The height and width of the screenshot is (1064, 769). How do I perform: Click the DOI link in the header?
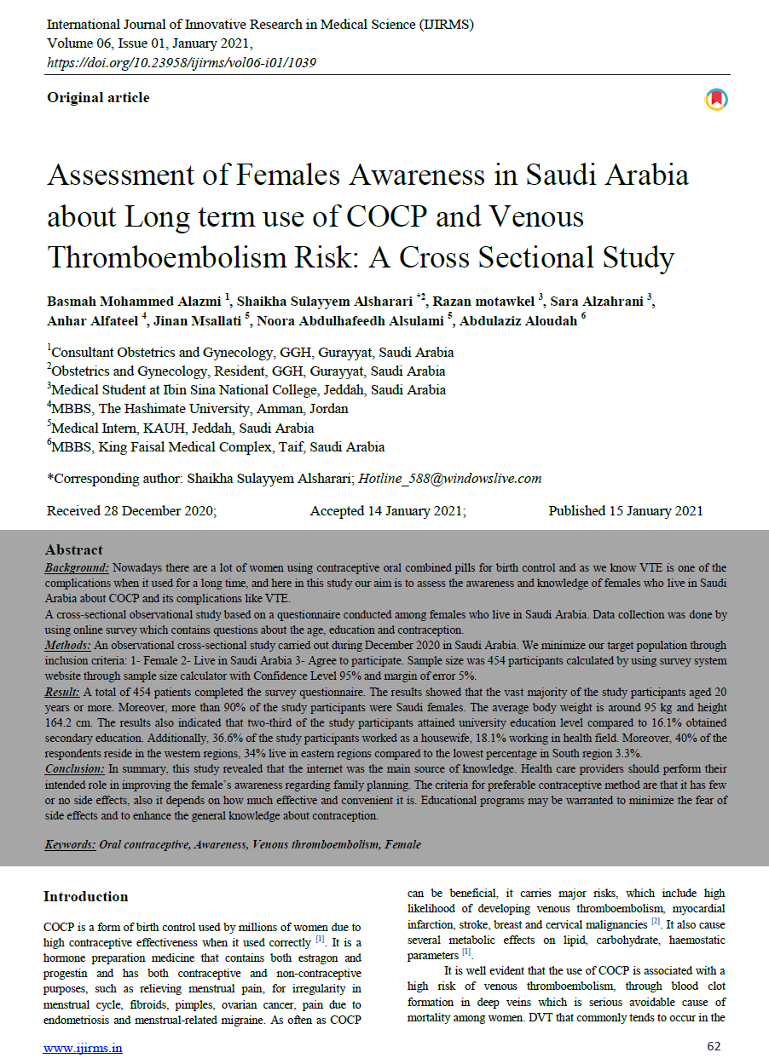[182, 62]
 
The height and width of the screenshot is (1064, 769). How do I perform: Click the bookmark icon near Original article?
[716, 100]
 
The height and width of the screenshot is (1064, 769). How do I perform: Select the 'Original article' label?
[98, 98]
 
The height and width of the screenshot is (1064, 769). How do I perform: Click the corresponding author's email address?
[449, 479]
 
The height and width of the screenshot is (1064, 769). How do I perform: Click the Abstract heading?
[74, 550]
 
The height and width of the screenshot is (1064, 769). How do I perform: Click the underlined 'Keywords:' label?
[72, 845]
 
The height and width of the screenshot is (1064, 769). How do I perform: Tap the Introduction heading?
[86, 897]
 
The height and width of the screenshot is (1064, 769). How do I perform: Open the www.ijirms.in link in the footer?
[83, 1048]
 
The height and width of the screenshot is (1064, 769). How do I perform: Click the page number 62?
[714, 1046]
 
